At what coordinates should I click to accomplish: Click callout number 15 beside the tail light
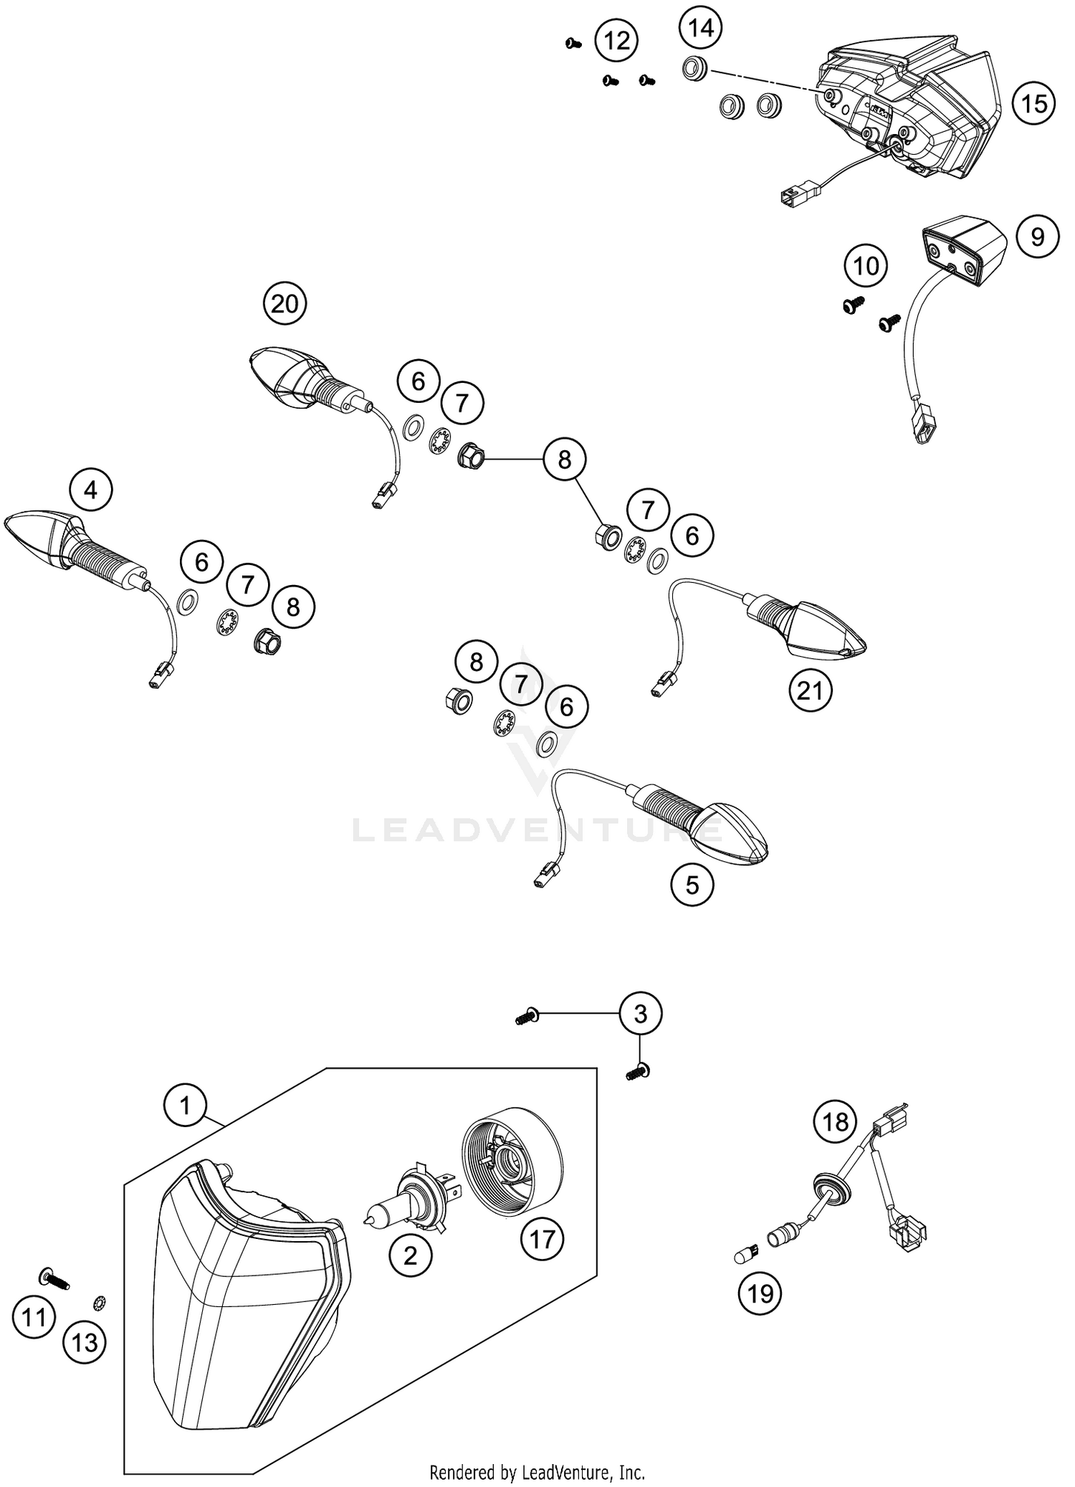1033,104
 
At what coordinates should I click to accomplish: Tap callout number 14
701,28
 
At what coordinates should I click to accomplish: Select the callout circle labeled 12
616,41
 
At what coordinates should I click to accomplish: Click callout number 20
285,304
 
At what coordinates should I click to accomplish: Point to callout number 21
810,690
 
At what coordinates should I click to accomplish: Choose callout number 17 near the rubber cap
542,1239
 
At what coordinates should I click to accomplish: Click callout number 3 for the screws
640,1014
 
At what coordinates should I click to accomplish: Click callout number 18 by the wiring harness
835,1122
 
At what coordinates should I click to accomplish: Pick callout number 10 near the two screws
866,266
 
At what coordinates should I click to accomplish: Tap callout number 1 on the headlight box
185,1105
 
